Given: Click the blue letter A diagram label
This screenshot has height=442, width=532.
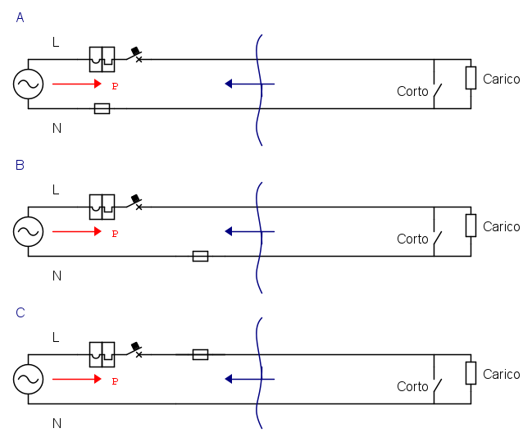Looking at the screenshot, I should click(x=20, y=16).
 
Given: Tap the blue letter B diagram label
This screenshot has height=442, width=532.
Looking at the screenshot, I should click(x=20, y=165).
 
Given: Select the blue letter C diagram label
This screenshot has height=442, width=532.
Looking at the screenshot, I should click(x=20, y=312).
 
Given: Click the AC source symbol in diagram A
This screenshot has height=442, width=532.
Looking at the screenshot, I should click(x=28, y=84).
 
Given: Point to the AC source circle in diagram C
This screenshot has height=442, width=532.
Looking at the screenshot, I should click(x=28, y=379).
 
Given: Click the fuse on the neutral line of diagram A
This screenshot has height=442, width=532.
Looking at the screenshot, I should click(x=102, y=108).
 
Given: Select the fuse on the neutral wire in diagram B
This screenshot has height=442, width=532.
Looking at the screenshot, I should click(x=200, y=256).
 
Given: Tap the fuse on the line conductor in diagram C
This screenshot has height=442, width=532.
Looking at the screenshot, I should click(x=200, y=354).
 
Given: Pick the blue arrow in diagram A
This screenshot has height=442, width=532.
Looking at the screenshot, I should click(x=249, y=84).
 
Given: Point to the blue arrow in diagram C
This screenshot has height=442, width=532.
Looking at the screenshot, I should click(x=249, y=379).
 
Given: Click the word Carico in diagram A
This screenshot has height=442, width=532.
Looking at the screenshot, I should click(x=501, y=80).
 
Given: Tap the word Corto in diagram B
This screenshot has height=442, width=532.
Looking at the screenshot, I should click(x=412, y=239).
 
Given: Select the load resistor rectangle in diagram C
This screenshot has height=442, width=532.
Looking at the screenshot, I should click(x=471, y=373).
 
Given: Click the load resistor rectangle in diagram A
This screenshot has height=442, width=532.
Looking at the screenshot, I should click(x=471, y=78).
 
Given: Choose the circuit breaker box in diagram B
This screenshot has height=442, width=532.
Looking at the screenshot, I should click(x=102, y=206).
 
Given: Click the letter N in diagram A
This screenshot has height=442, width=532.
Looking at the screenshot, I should click(x=57, y=128).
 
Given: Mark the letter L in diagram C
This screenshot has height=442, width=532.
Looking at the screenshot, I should click(x=56, y=337).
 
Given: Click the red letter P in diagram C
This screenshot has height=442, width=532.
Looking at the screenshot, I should click(x=115, y=381).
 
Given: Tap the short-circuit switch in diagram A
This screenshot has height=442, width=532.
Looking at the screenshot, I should click(x=438, y=92).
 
